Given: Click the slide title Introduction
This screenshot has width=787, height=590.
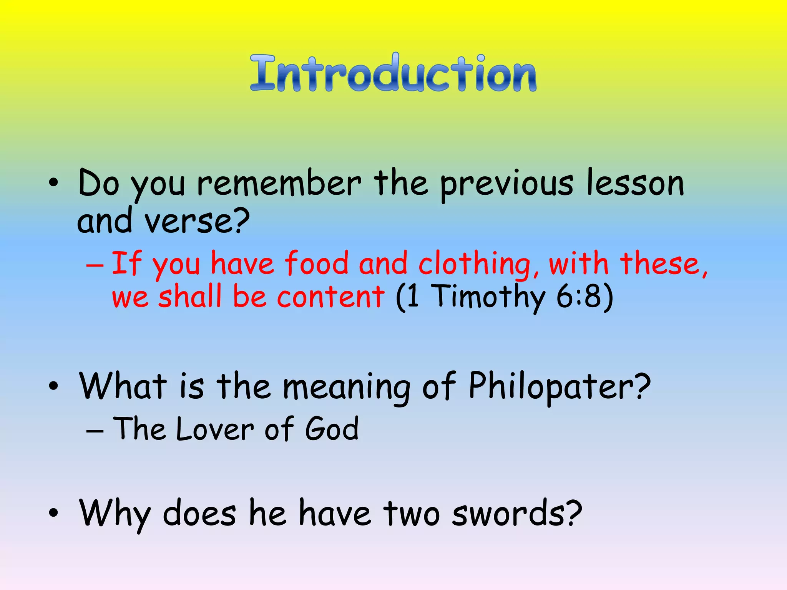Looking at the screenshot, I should (393, 73).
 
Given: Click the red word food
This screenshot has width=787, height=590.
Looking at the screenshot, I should (316, 264).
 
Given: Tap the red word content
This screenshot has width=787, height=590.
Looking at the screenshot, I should (330, 297).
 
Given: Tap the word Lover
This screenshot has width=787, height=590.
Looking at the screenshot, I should (215, 429).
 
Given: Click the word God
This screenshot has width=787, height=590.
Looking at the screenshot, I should (332, 429).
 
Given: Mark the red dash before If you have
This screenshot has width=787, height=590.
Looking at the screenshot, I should (95, 265).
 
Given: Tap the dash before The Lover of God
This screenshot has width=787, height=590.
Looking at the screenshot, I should (95, 431).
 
